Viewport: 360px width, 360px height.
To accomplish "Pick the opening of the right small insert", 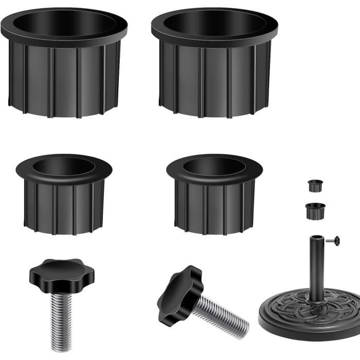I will pyautogui.click(x=214, y=166).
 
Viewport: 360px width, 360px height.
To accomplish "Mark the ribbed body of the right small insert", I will pyautogui.click(x=214, y=206).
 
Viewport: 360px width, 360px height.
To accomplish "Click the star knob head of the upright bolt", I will pyautogui.click(x=59, y=273).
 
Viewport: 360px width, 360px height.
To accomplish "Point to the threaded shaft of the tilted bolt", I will pyautogui.click(x=221, y=316).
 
